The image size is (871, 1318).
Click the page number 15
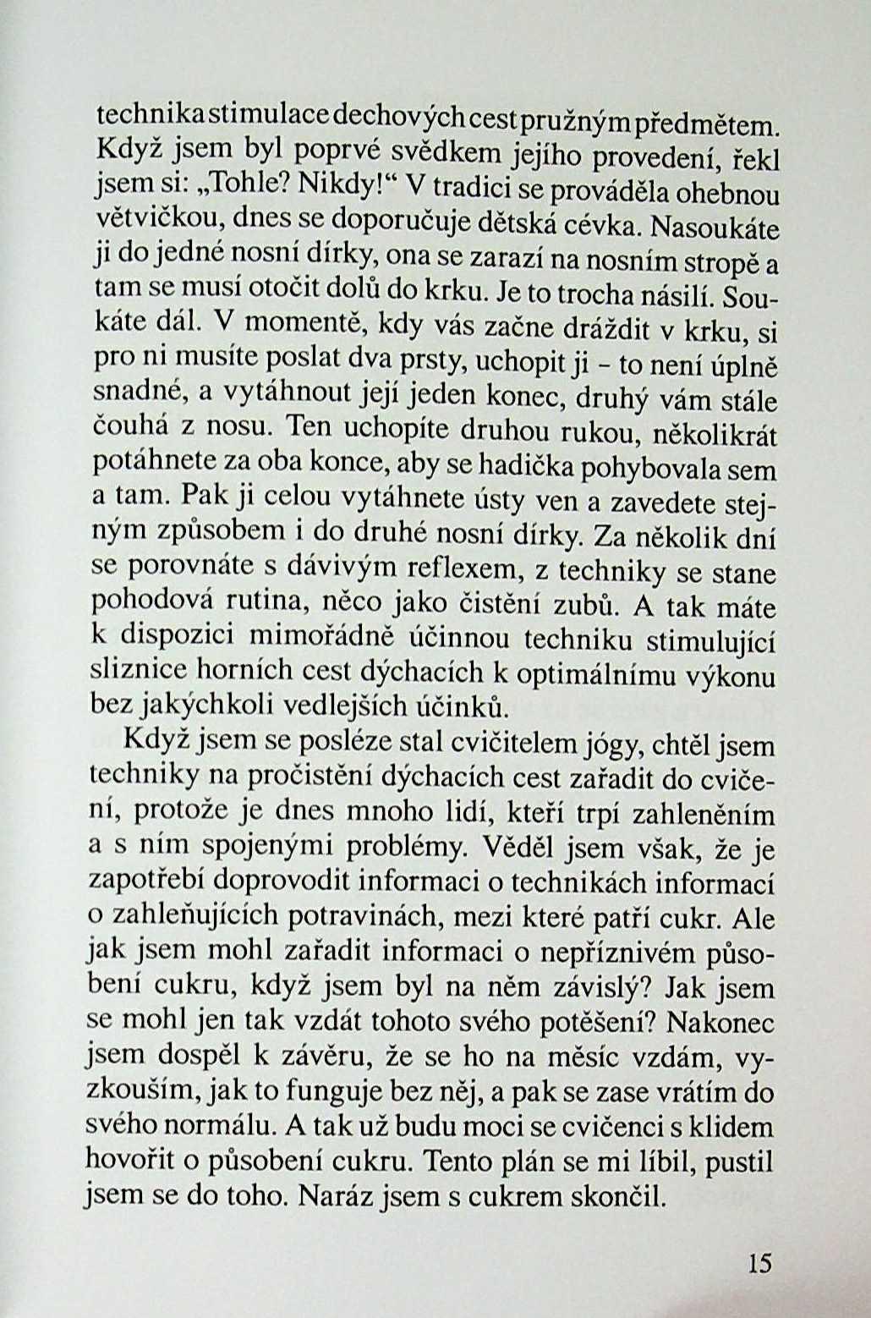coord(760,1263)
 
